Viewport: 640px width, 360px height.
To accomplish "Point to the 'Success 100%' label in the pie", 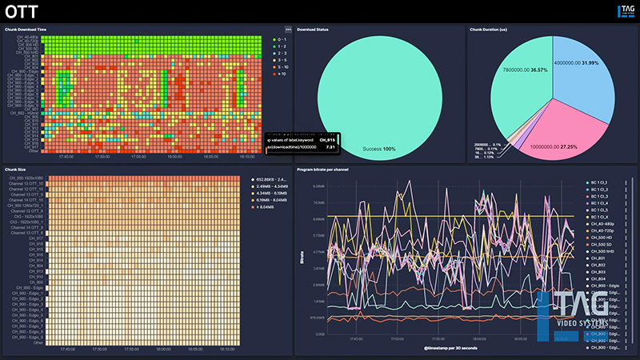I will coord(378,150).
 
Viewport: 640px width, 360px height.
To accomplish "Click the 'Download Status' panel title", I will coord(314,30).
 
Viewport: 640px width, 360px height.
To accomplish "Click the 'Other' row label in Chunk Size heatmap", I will coord(38,342).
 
